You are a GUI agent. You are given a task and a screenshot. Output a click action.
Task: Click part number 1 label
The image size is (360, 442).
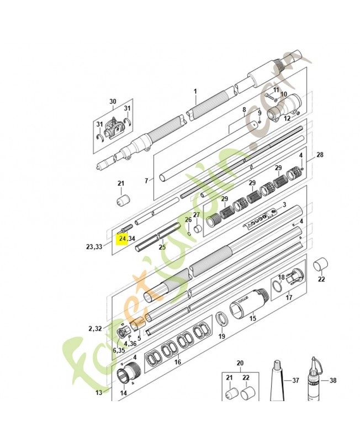point(195,91)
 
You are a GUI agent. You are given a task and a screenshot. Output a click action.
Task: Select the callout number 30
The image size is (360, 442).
point(113,102)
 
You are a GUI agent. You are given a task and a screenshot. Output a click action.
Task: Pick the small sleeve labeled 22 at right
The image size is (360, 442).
point(320,265)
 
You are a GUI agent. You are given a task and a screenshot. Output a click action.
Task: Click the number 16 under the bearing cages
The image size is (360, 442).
point(177,362)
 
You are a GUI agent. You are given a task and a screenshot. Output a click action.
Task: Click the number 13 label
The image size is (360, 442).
point(99,392)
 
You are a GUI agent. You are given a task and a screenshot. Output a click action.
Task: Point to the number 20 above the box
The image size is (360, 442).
point(240,363)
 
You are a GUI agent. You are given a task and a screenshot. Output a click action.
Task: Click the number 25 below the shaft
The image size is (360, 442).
point(162,248)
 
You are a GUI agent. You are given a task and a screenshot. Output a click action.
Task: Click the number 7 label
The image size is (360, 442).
point(146,181)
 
